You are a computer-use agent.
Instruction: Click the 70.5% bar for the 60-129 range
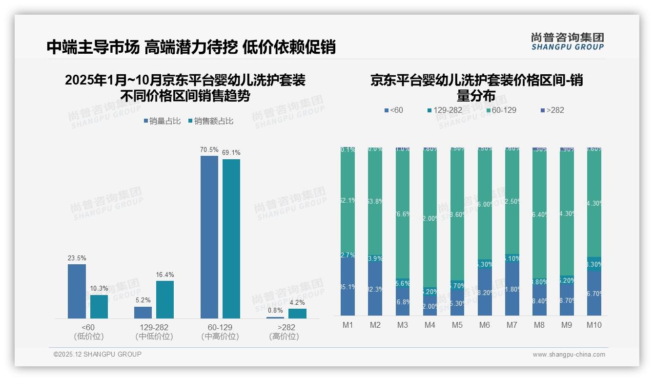pyautogui.click(x=209, y=237)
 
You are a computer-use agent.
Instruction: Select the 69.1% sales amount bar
pyautogui.click(x=231, y=239)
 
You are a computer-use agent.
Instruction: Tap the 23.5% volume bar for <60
pyautogui.click(x=77, y=291)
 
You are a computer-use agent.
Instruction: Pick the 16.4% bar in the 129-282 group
pyautogui.click(x=165, y=299)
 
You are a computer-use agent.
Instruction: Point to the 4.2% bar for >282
pyautogui.click(x=297, y=314)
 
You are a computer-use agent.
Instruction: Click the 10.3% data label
pyautogui.click(x=99, y=289)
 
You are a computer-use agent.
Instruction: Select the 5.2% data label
pyautogui.click(x=143, y=300)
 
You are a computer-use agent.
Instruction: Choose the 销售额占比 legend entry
pyautogui.click(x=210, y=121)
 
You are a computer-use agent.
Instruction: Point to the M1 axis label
pyautogui.click(x=347, y=325)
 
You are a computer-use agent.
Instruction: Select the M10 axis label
pyautogui.click(x=593, y=325)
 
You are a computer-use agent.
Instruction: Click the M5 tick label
pyautogui.click(x=457, y=325)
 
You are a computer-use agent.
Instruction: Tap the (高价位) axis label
pyautogui.click(x=284, y=337)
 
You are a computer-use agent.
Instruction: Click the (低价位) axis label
pyautogui.click(x=89, y=337)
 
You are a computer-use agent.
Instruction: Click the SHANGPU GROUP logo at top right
pyautogui.click(x=567, y=42)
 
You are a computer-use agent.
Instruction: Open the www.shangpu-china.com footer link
pyautogui.click(x=569, y=355)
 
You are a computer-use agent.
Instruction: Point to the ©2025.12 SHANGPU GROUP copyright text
pyautogui.click(x=98, y=355)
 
